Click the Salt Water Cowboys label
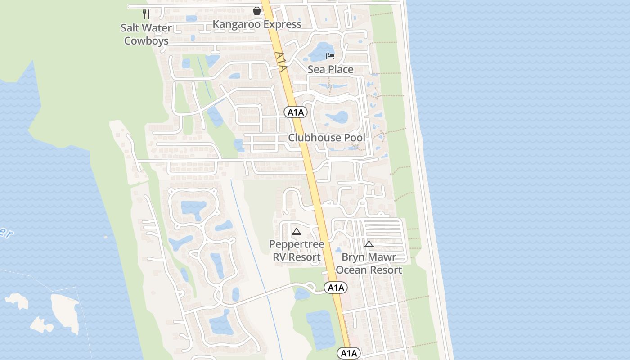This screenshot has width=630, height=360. pyautogui.click(x=146, y=34)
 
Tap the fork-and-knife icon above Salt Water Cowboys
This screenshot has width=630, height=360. pyautogui.click(x=146, y=14)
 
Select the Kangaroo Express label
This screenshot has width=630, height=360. pyautogui.click(x=257, y=24)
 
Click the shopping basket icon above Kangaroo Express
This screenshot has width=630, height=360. pyautogui.click(x=257, y=10)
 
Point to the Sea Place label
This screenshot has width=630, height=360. pyautogui.click(x=330, y=69)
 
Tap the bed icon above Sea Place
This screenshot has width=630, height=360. pyautogui.click(x=330, y=56)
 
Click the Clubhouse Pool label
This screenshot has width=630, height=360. pyautogui.click(x=327, y=138)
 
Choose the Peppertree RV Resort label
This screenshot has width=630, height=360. pyautogui.click(x=297, y=251)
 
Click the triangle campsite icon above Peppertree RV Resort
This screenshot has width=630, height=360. pyautogui.click(x=296, y=232)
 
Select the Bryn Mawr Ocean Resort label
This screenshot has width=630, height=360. pyautogui.click(x=369, y=263)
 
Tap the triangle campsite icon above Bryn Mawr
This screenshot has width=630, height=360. pyautogui.click(x=369, y=244)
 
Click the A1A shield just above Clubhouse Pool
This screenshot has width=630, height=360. pyautogui.click(x=296, y=112)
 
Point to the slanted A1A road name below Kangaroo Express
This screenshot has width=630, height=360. pyautogui.click(x=281, y=62)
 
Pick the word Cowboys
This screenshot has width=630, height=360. pyautogui.click(x=146, y=40)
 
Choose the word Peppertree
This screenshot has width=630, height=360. pyautogui.click(x=297, y=244)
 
